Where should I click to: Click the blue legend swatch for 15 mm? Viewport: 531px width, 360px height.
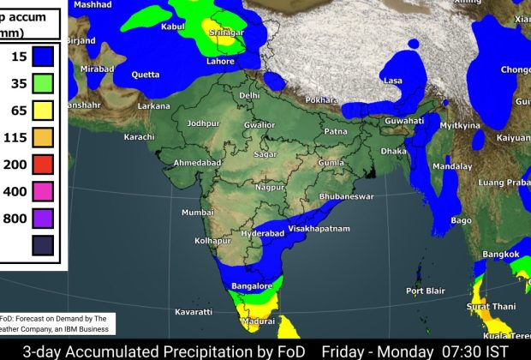click(x=44, y=57)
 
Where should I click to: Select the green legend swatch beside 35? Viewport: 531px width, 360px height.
click(x=44, y=83)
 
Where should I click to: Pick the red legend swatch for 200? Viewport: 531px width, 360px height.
click(x=44, y=164)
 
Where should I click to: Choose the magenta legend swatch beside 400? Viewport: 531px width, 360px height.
click(x=44, y=190)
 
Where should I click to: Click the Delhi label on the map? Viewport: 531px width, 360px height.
click(x=250, y=95)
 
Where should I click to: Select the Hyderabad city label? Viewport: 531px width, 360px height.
click(x=260, y=233)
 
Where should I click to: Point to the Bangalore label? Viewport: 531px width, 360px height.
click(x=253, y=285)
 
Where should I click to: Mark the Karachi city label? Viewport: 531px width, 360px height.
click(x=139, y=137)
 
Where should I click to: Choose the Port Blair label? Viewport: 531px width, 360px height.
click(x=426, y=291)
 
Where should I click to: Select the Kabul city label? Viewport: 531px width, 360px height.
click(x=172, y=27)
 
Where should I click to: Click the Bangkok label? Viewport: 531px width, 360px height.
click(x=501, y=255)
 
